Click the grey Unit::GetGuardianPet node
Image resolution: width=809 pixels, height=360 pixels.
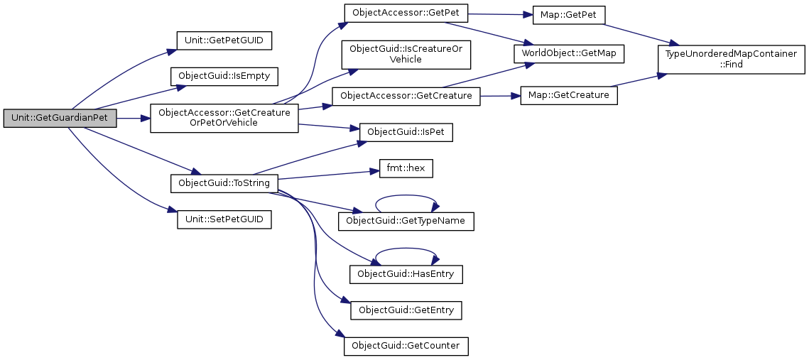[60, 119]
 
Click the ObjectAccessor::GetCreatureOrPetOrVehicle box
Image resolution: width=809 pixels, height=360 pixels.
[224, 118]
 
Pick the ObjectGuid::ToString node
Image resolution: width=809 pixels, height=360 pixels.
[224, 182]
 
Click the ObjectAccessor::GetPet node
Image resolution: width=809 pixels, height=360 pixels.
[406, 13]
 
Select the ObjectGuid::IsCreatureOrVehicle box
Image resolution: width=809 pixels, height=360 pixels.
[406, 55]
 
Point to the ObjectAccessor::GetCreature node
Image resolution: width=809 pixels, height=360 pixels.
[406, 96]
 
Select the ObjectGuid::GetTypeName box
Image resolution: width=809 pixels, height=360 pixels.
[406, 221]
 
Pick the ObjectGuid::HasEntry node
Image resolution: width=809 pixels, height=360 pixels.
[406, 273]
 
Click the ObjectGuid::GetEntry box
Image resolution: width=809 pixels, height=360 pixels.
[406, 310]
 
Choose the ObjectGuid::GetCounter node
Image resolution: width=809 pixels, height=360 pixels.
[406, 346]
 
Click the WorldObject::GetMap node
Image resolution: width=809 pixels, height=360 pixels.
[569, 53]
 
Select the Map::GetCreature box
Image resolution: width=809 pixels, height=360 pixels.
[568, 96]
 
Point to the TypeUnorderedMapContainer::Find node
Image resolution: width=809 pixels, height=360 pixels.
[730, 59]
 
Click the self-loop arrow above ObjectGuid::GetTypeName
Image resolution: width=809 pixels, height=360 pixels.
[406, 196]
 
